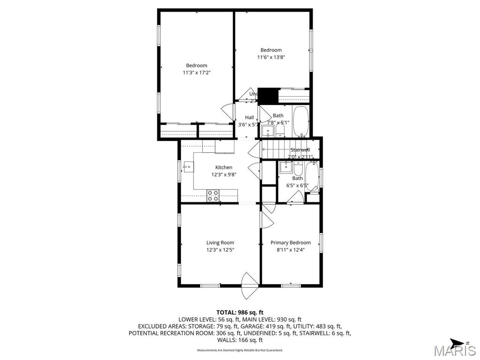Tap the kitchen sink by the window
188,166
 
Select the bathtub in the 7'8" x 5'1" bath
300,121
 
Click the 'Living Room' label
220,243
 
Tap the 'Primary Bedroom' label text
290,243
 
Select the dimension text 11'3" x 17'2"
196,73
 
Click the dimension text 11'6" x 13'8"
271,57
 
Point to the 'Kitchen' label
224,167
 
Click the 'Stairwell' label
300,150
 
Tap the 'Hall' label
249,118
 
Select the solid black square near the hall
268,96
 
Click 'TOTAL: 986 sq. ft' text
240,312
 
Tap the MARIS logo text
455,351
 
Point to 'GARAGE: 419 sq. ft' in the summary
266,326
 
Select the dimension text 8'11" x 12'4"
290,250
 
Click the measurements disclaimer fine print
240,350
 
